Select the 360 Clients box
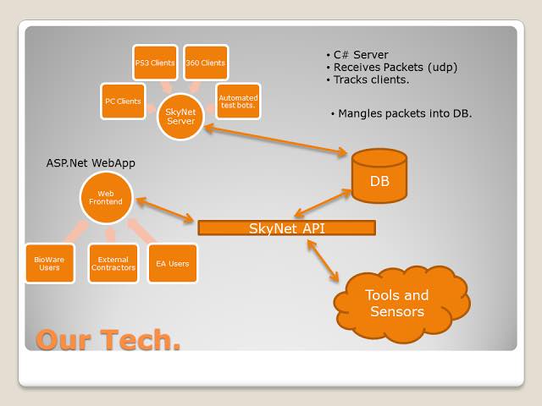coord(205,63)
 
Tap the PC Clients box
coord(123,101)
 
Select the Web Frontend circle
coord(106,197)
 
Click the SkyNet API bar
coord(286,228)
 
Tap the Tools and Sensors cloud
coord(397,303)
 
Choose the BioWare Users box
coord(50,263)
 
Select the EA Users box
coord(173,263)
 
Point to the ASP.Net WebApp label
coord(91,162)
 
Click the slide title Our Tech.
coord(108,339)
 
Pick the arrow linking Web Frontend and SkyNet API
coord(165,211)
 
